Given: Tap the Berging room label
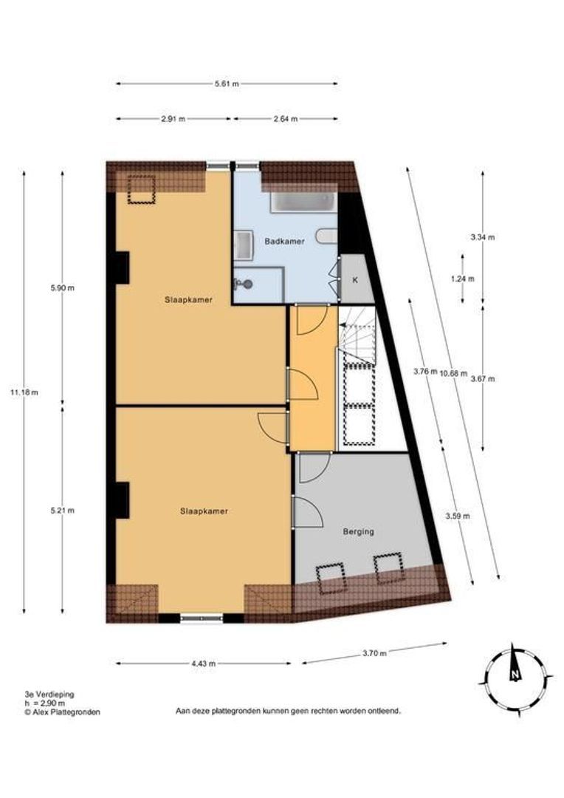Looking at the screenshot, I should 359,531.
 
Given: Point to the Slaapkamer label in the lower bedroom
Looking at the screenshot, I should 203,511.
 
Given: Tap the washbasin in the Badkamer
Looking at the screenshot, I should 243,245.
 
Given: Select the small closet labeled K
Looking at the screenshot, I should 355,280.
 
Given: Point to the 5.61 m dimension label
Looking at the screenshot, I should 227,83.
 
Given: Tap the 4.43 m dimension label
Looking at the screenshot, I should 203,664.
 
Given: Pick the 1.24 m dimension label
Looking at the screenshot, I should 463,279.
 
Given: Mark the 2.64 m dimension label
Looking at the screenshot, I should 285,118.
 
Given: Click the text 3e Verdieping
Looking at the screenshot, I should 49,695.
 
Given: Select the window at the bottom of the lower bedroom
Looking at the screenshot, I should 201,618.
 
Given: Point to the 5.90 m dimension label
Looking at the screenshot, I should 62,288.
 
